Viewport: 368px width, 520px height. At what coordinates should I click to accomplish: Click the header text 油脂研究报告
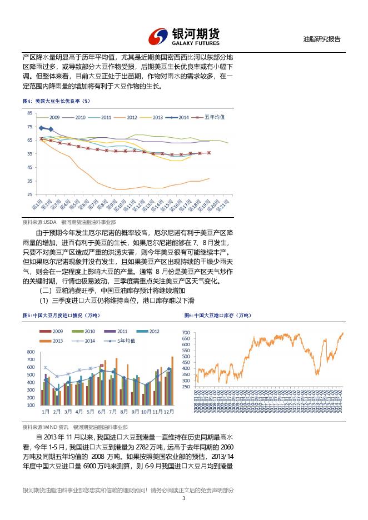[x=322, y=39]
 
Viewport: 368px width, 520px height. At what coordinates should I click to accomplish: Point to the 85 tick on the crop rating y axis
[x=29, y=113]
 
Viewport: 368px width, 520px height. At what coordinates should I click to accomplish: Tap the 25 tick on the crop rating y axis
[x=29, y=194]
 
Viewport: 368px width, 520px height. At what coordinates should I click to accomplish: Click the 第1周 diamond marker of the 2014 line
[x=41, y=128]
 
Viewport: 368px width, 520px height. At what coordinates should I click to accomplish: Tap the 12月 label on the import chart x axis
[x=169, y=412]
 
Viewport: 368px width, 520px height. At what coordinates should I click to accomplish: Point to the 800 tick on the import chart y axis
[x=31, y=352]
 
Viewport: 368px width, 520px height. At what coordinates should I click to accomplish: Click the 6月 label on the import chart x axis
[x=102, y=412]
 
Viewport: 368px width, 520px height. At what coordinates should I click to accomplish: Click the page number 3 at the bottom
[x=183, y=498]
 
